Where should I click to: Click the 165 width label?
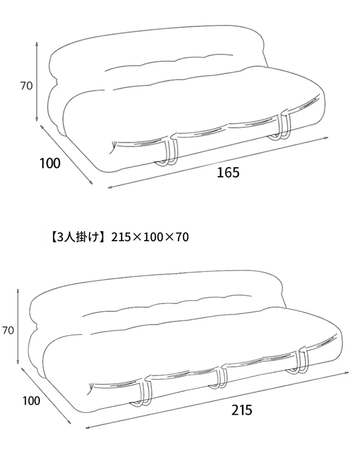click(228, 172)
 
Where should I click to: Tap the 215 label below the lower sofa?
click(242, 410)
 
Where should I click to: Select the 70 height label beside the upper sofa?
click(26, 86)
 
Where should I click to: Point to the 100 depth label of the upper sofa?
click(50, 163)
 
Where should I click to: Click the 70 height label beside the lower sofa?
click(8, 330)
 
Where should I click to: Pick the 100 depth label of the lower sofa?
click(31, 401)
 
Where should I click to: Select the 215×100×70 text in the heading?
click(150, 237)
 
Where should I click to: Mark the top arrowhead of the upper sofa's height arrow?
click(37, 44)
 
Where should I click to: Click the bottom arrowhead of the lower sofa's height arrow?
click(18, 362)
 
